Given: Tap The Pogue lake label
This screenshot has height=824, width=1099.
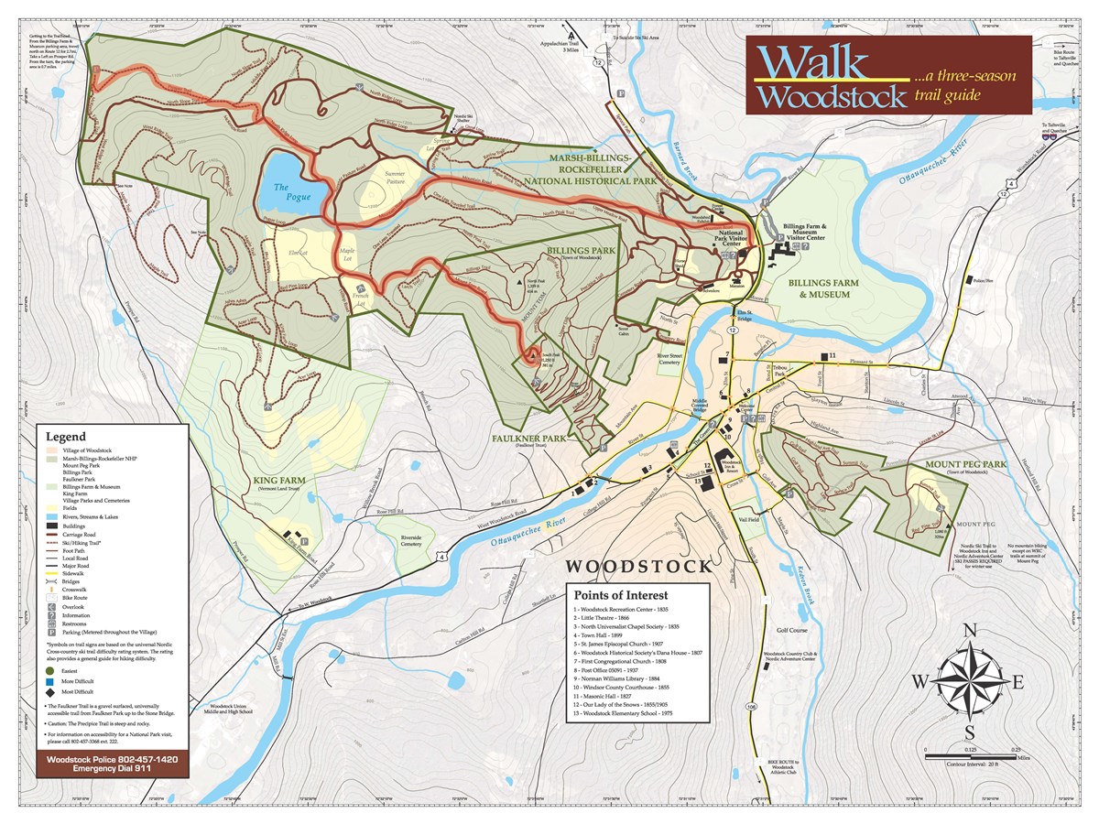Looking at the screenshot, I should point(293,192).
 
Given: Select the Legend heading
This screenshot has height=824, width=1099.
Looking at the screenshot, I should point(66,438).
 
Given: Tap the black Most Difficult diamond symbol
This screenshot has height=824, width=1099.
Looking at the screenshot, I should point(49,691).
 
